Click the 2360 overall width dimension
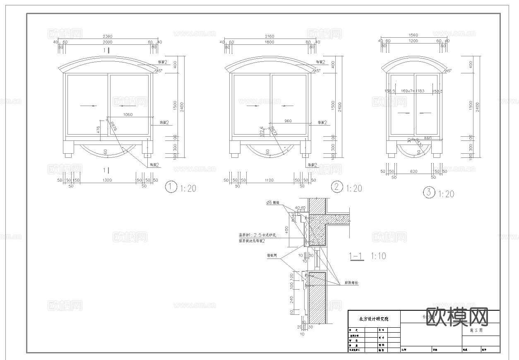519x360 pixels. (107, 36)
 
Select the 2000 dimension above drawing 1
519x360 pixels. (107, 42)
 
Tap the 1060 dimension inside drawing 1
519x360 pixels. (128, 115)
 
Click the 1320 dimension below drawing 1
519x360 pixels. (108, 181)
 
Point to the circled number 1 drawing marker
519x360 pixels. (171, 187)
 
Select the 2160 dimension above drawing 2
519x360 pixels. (269, 36)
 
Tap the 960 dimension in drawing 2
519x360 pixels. (288, 121)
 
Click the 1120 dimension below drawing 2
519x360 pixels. (269, 181)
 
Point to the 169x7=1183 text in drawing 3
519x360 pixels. (413, 91)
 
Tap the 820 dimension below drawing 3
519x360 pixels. (413, 171)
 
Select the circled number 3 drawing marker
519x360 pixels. (429, 192)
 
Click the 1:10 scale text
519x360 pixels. (378, 256)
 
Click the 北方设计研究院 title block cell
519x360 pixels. (374, 319)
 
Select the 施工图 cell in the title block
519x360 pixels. (476, 331)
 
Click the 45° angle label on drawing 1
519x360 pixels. (158, 71)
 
